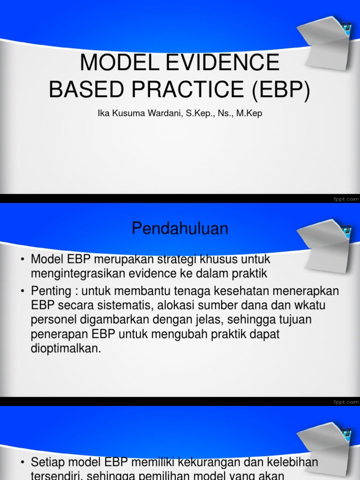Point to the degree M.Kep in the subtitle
point(249,113)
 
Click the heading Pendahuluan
point(180,229)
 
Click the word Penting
point(50,292)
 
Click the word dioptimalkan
point(66,349)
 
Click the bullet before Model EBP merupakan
point(22,260)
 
